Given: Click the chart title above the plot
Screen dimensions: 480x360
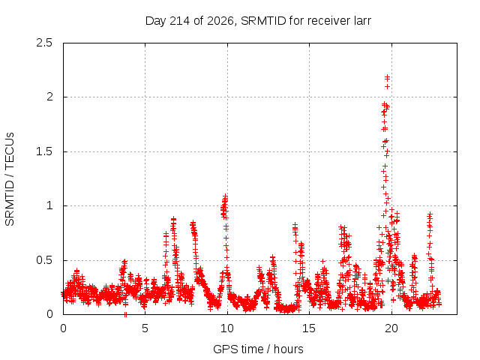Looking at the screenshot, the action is (x=258, y=21).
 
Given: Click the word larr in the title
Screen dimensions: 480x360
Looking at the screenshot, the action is (x=361, y=21).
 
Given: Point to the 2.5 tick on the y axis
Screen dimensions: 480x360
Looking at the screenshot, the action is (x=44, y=43).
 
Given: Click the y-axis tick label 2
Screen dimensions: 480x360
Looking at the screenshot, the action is (x=49, y=97).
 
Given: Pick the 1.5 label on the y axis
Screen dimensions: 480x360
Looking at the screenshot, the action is (x=44, y=151).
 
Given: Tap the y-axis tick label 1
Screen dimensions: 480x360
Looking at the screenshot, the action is (x=49, y=205).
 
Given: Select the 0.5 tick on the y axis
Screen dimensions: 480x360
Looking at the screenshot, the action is (x=44, y=260).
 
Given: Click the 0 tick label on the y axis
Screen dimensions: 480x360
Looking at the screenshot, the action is (x=49, y=314).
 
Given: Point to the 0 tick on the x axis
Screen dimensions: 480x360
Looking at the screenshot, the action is (x=63, y=328).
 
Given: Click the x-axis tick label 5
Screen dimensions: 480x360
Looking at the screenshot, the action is (x=145, y=328).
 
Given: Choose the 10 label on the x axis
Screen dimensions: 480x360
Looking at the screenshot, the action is (x=227, y=328).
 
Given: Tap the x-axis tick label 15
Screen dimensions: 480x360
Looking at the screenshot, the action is (x=309, y=328).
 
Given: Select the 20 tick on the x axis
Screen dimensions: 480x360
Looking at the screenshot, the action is (x=391, y=328).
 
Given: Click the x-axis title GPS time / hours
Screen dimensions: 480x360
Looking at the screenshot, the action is (x=258, y=349).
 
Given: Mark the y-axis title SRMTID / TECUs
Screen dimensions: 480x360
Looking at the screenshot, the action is (x=10, y=179).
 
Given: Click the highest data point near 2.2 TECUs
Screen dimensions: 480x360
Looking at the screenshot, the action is (x=388, y=76).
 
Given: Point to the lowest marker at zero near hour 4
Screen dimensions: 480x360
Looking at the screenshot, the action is (x=125, y=314).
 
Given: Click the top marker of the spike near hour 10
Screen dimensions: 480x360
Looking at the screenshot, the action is (x=225, y=196).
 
